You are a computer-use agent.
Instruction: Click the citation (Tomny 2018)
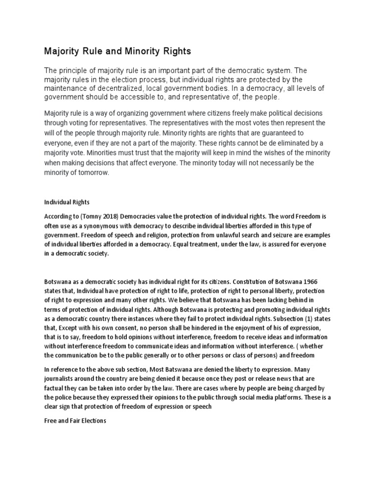tap(95, 217)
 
